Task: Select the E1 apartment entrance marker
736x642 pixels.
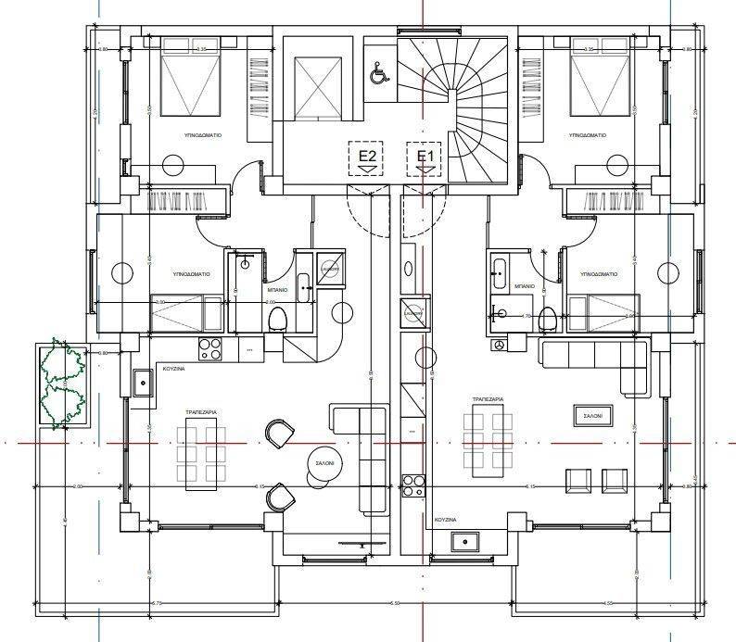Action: tap(425, 157)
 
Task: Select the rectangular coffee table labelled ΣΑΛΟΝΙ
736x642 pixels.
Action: tap(591, 417)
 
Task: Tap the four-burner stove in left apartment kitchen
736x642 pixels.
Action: tap(209, 349)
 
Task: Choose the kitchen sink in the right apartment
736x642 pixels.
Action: tap(461, 542)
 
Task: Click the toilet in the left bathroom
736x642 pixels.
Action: tap(277, 321)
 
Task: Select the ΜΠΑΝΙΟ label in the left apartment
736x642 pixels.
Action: tap(277, 289)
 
